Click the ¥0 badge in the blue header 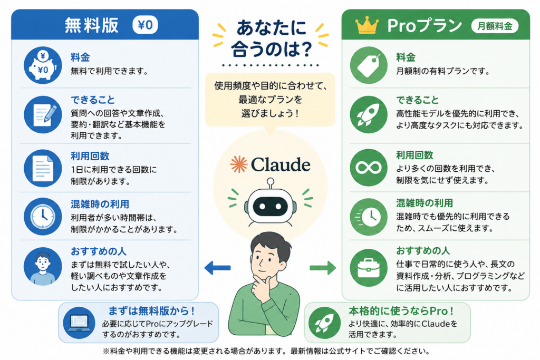tap(145, 25)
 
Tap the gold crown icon tap(367, 25)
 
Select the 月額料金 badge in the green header tap(495, 26)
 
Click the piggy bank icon tap(43, 65)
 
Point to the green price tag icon tap(369, 65)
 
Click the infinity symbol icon tap(369, 168)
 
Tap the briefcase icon tap(369, 268)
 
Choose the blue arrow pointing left tap(217, 268)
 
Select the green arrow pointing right tap(323, 268)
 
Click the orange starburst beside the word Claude tap(239, 164)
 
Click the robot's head tap(271, 206)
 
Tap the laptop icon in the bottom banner tap(79, 323)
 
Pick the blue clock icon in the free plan tap(43, 217)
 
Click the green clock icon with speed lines tap(369, 217)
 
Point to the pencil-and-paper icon tap(43, 114)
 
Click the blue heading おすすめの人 tap(99, 251)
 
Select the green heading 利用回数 tap(414, 155)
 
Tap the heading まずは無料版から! tap(152, 311)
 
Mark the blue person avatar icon tap(43, 266)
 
